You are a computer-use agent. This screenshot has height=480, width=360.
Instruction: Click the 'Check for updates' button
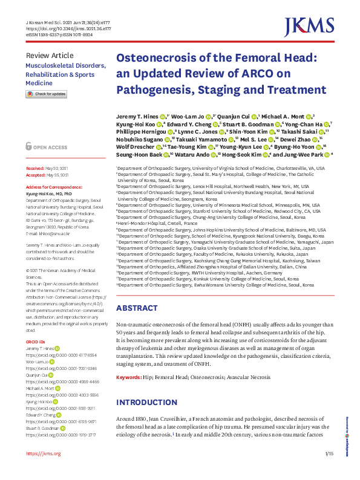tap(46, 94)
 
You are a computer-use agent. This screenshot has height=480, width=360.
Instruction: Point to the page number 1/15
tap(329, 453)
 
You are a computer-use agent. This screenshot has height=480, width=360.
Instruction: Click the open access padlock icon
tap(30, 146)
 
